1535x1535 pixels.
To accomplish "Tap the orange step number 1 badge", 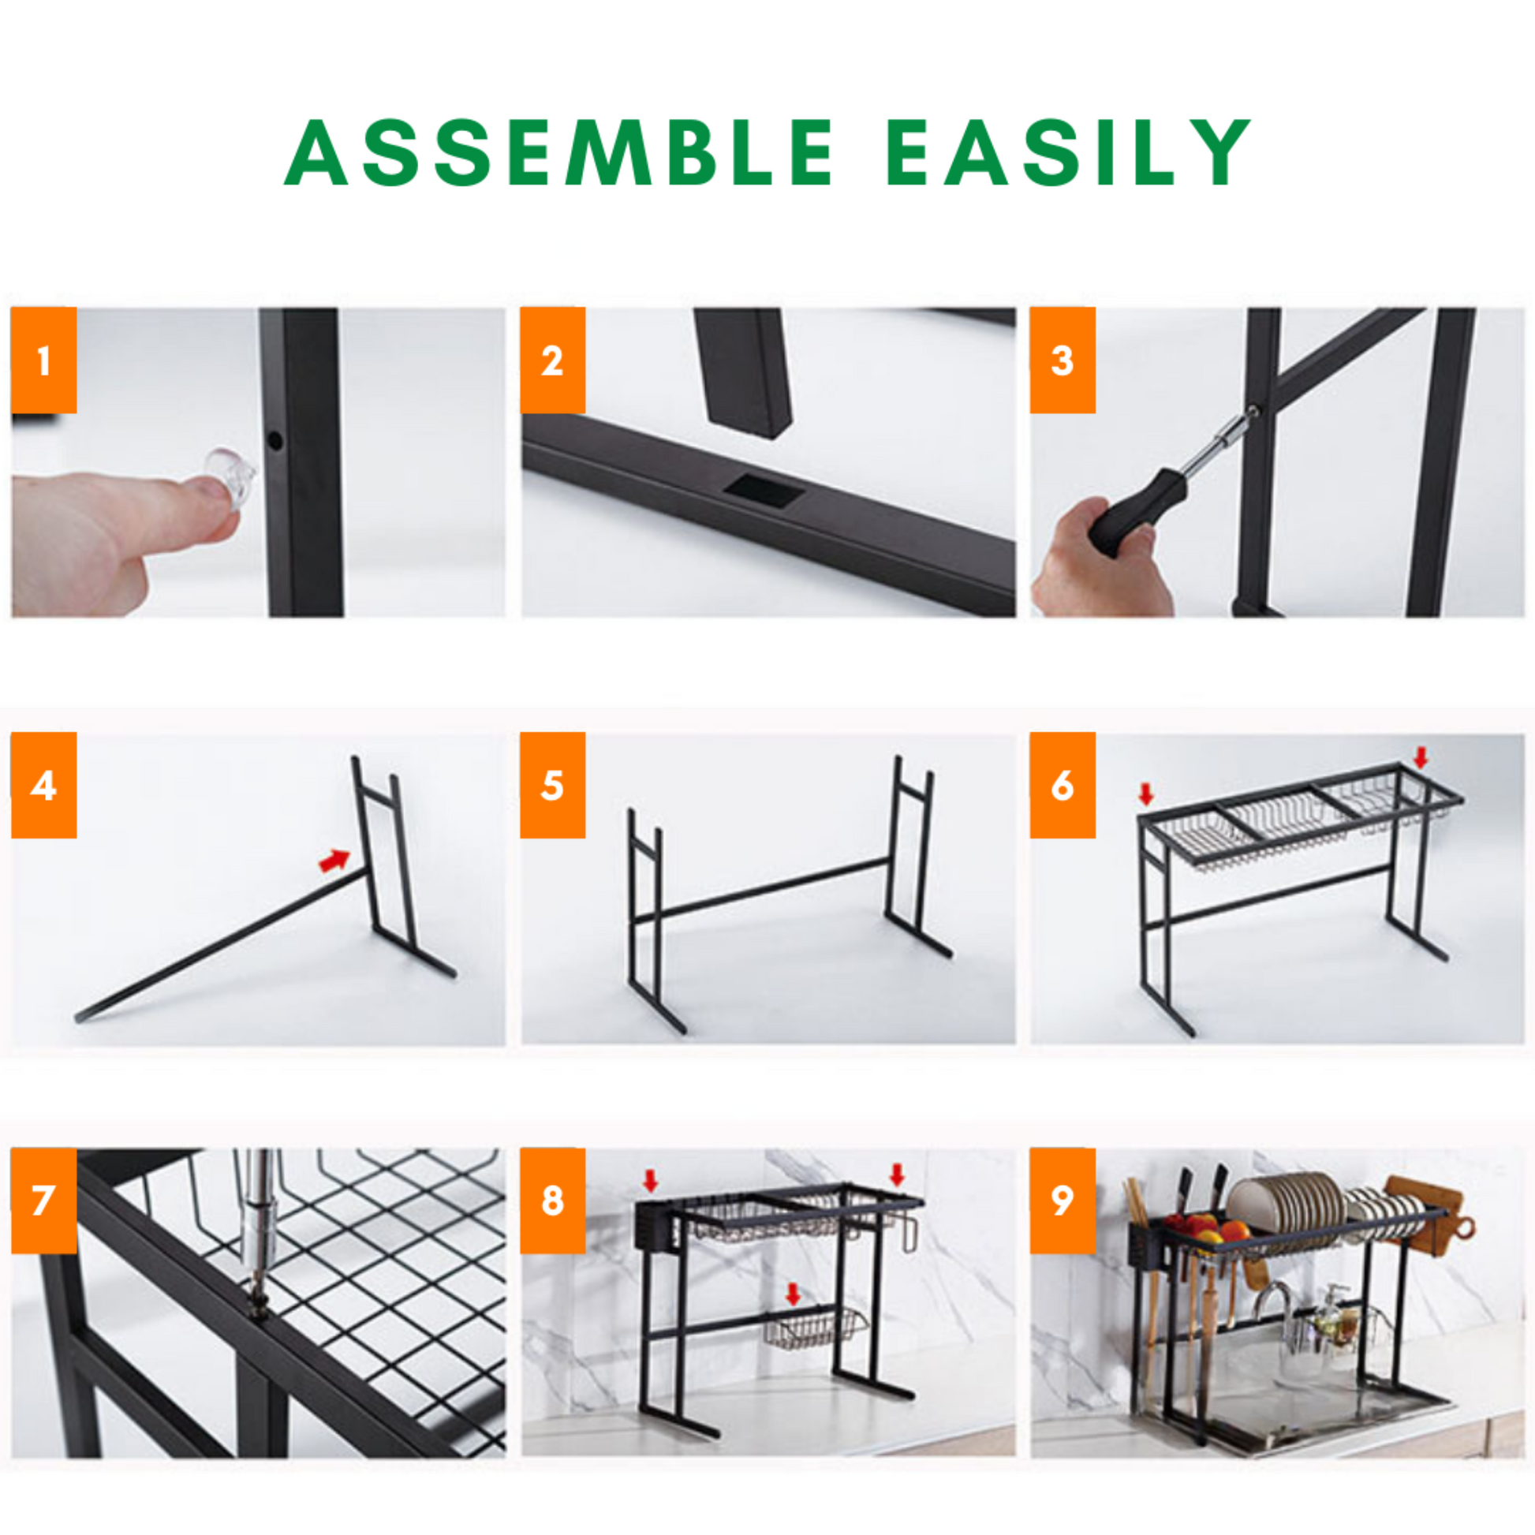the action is (x=43, y=360).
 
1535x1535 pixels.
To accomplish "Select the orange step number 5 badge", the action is (x=553, y=785).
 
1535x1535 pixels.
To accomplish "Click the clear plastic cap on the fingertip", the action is (x=230, y=474).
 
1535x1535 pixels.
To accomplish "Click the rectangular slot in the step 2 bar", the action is (x=768, y=491).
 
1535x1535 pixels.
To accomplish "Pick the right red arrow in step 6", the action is (x=1421, y=757).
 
